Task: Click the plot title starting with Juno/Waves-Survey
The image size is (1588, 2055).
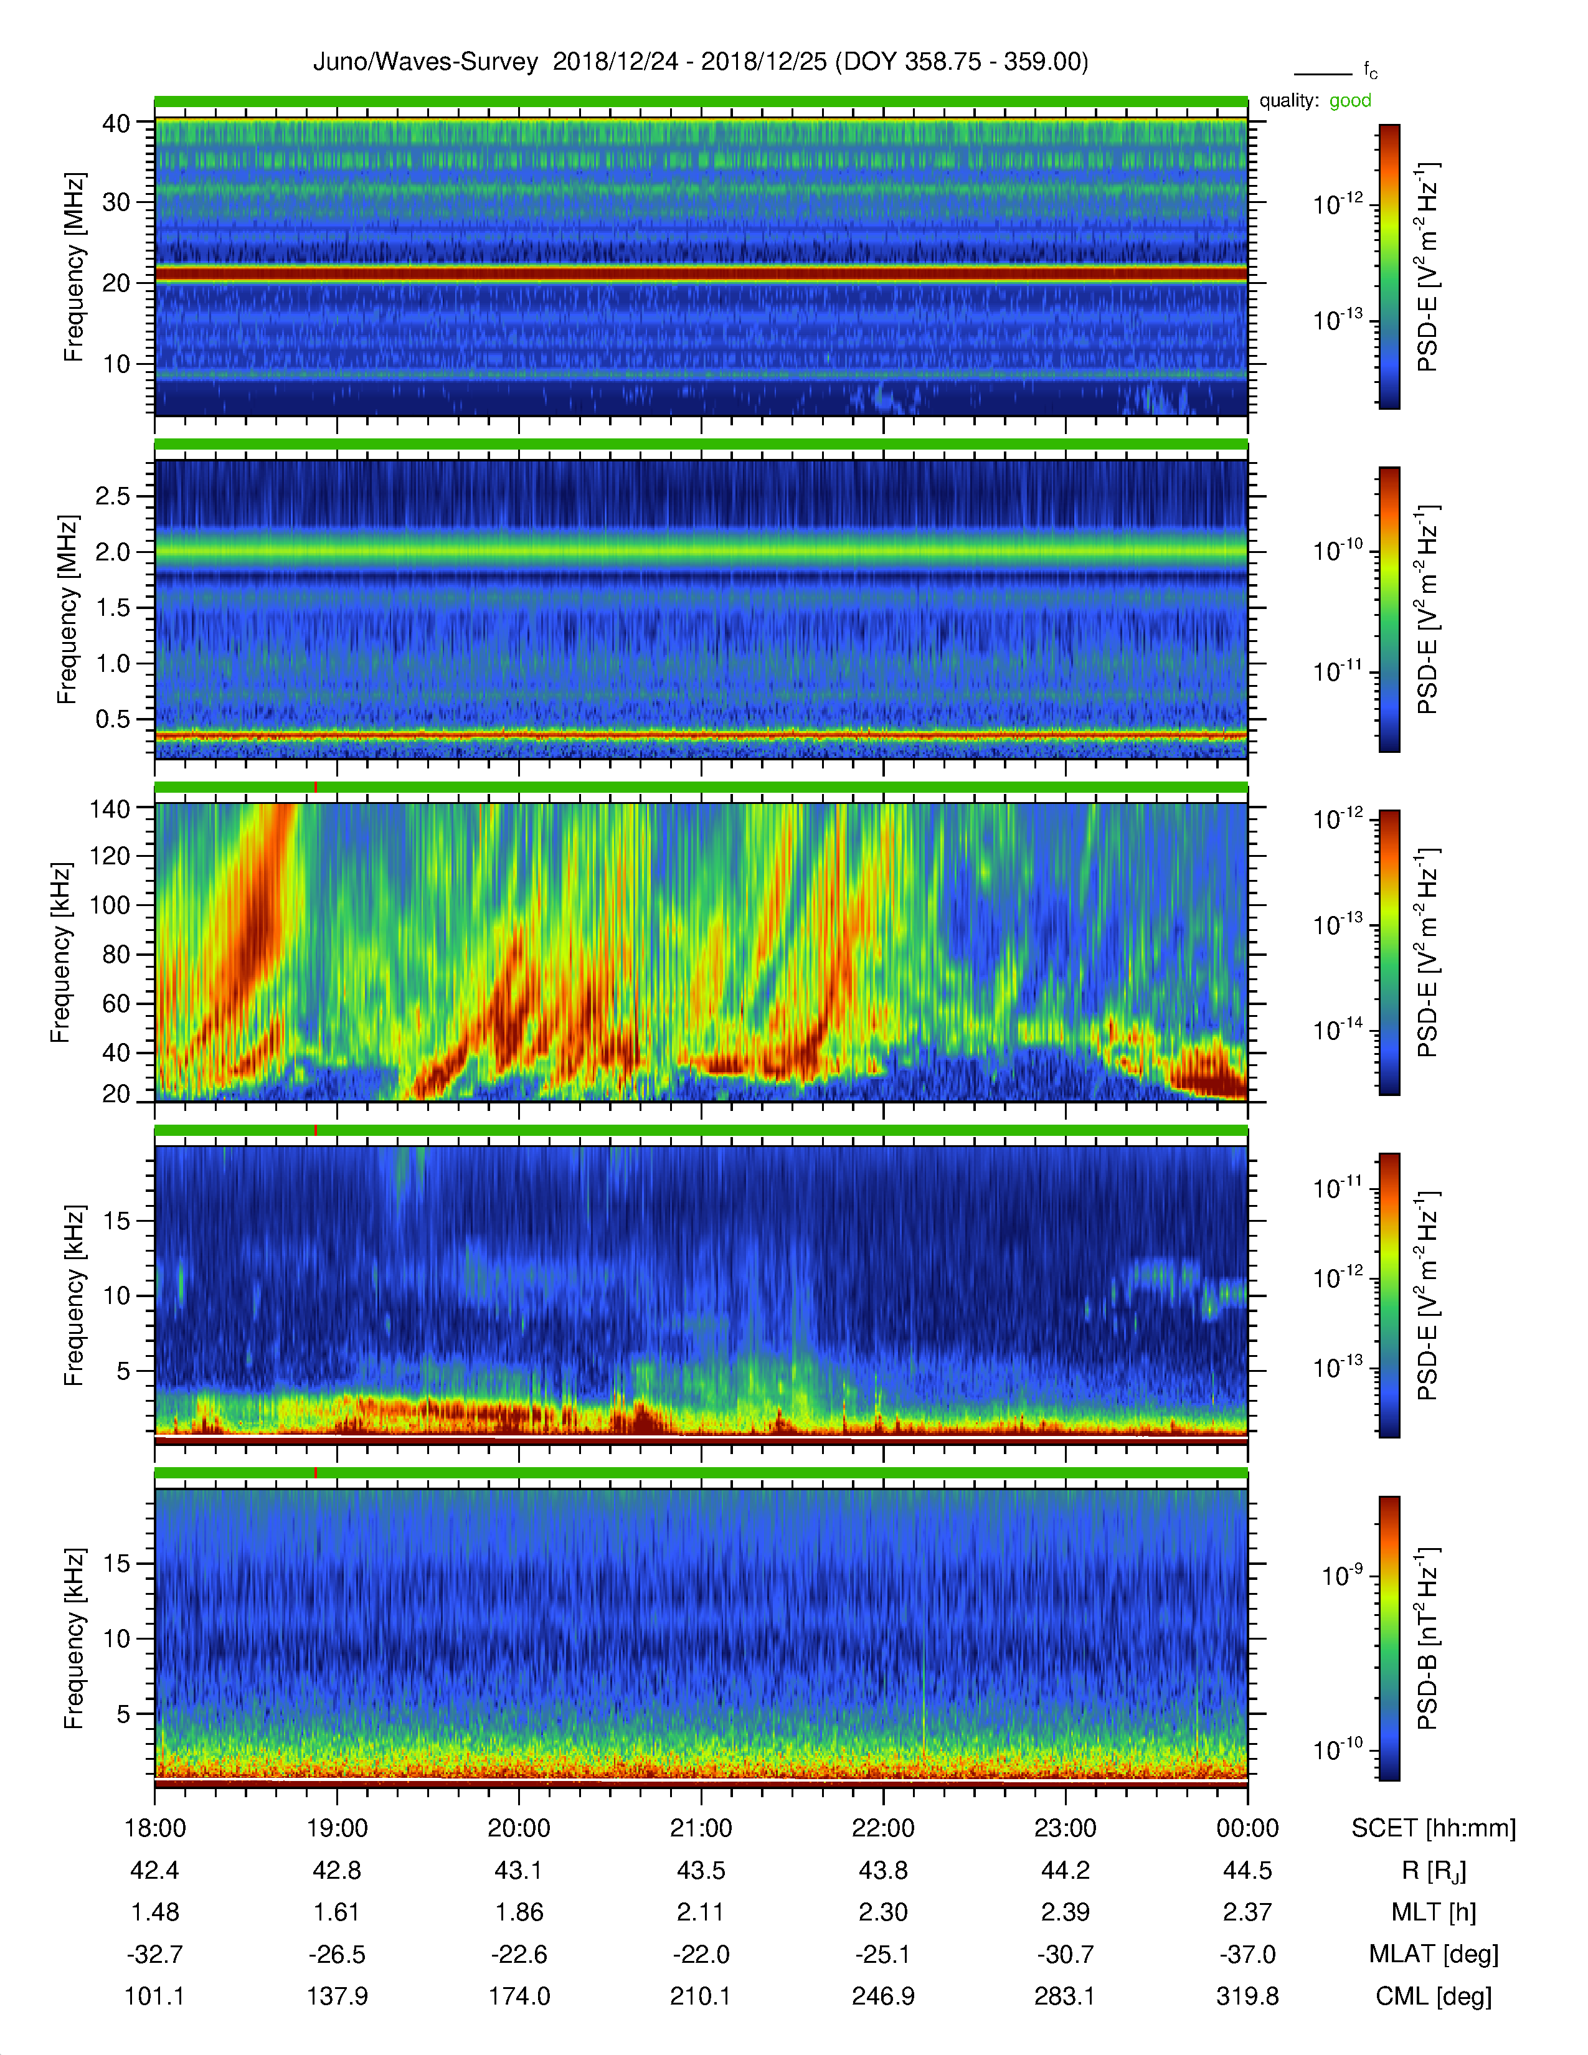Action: (x=700, y=62)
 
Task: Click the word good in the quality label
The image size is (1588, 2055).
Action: (x=1350, y=101)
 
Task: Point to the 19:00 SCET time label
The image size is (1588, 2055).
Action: (x=337, y=1828)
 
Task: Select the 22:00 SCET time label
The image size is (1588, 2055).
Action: (x=884, y=1828)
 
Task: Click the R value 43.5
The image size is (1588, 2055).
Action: (x=701, y=1871)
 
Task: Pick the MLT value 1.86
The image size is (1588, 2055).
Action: (x=519, y=1912)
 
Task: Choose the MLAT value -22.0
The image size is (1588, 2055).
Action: (x=701, y=1954)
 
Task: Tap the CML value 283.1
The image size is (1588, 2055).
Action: (x=1065, y=1996)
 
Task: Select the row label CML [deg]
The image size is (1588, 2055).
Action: (x=1434, y=1996)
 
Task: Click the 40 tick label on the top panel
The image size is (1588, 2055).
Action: (x=116, y=123)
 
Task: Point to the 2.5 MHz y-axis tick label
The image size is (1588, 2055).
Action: (x=113, y=496)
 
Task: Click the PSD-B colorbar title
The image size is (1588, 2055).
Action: (x=1428, y=1638)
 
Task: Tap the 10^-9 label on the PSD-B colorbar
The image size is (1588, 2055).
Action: (x=1343, y=1575)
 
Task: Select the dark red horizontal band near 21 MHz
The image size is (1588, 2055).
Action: (x=701, y=274)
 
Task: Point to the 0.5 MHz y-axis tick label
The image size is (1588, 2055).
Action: (x=113, y=719)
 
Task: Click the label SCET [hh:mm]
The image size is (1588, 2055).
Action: (x=1434, y=1829)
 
